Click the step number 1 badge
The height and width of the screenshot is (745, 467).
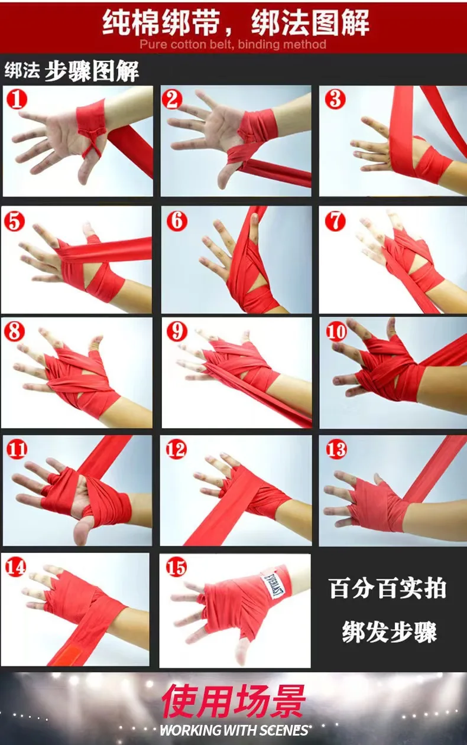coord(17,99)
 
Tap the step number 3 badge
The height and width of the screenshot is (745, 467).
coord(335,99)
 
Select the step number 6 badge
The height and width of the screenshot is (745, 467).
coord(177,220)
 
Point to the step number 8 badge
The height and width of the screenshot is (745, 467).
coord(14,331)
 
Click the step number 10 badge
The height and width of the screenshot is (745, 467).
coord(336,331)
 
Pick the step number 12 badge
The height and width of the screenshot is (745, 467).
coord(176,450)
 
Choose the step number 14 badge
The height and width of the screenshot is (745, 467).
coord(15,567)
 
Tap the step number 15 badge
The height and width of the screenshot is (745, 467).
coord(176,567)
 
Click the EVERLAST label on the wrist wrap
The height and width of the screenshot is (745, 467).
coord(274,585)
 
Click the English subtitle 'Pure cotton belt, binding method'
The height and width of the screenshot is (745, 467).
coord(233,44)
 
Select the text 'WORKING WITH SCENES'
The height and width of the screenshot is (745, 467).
coord(234,730)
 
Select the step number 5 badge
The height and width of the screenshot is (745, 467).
coord(14,221)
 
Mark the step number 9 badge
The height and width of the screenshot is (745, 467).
coord(176,331)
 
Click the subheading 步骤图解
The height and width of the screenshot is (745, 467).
coord(91,71)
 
